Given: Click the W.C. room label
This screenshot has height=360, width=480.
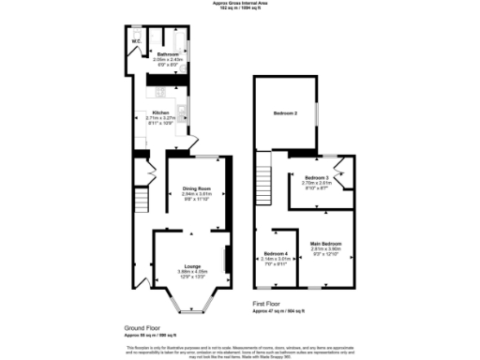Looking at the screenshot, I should (x=136, y=42).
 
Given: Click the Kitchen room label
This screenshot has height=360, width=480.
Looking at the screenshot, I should (x=161, y=112).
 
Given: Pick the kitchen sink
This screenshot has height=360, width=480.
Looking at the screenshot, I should (x=181, y=115).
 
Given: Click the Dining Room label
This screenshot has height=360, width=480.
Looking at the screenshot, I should (x=196, y=187).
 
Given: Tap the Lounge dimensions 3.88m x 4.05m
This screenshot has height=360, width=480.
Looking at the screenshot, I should (x=192, y=272).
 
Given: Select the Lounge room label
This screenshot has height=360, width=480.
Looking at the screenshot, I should (x=192, y=266).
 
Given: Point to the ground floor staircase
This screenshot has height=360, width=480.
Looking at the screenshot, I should (x=142, y=201).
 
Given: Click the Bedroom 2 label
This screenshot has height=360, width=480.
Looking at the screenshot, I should (x=285, y=113).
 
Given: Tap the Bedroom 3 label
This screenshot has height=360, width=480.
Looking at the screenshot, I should (x=316, y=177).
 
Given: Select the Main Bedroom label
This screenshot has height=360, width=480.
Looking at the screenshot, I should (x=325, y=245).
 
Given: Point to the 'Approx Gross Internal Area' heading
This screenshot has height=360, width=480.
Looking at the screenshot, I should (x=240, y=4).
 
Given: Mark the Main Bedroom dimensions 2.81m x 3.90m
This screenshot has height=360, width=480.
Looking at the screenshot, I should (x=325, y=250).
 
